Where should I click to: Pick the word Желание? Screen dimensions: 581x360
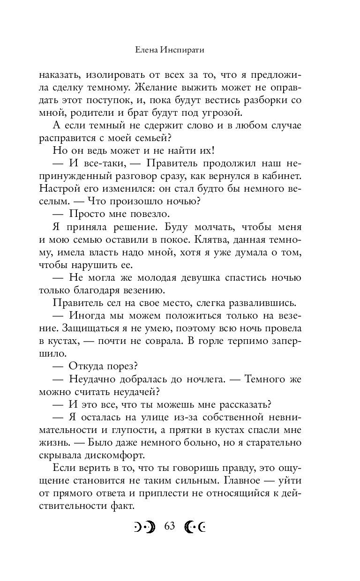pos(159,87)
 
